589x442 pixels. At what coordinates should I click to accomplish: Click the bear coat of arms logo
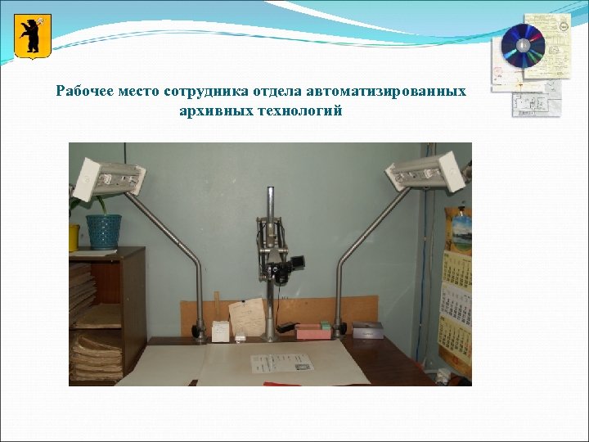[33, 37]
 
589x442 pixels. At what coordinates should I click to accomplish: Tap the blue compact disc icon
[522, 46]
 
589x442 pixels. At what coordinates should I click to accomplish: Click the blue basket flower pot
[104, 231]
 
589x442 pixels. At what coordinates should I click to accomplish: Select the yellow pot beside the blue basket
[74, 237]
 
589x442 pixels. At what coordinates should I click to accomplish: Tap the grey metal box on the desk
[367, 330]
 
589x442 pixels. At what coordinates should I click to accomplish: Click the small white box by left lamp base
[220, 331]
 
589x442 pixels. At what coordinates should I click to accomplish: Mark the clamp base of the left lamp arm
[199, 331]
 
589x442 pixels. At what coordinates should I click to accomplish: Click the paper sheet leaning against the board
[247, 318]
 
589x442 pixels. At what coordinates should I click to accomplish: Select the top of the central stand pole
[269, 193]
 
